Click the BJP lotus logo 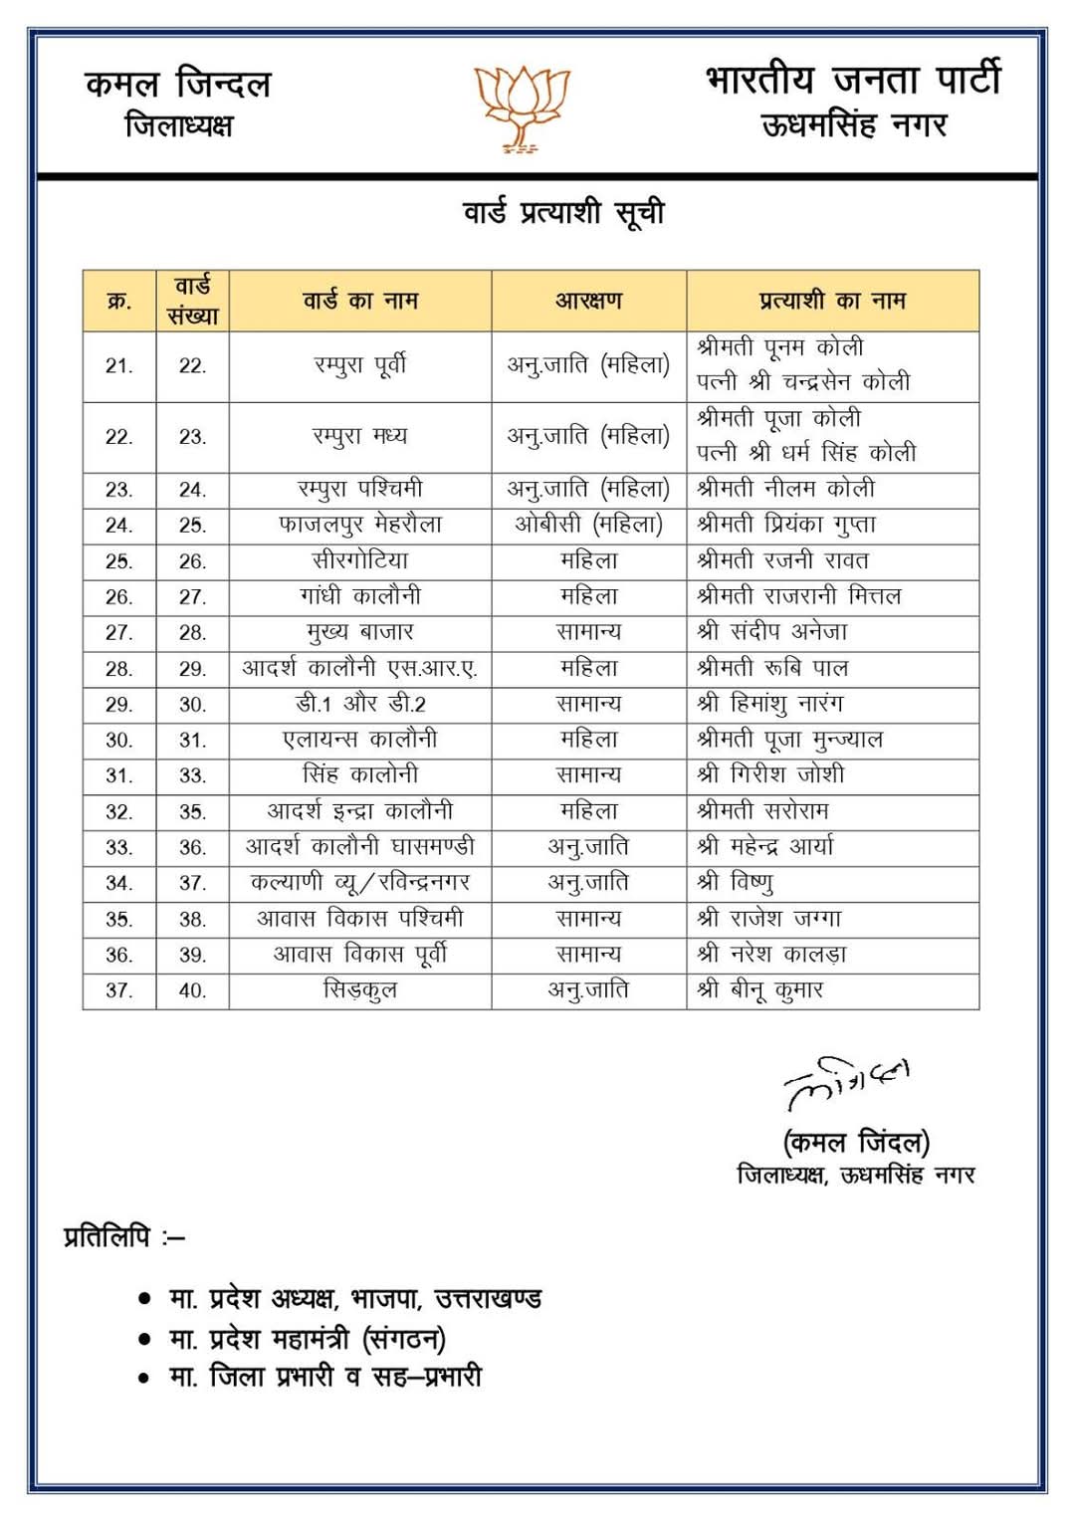tap(521, 109)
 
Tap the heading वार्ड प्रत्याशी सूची tap(563, 213)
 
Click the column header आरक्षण tap(588, 301)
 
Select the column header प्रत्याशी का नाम tap(832, 301)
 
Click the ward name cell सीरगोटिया tap(360, 560)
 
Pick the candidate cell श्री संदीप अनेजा tap(772, 632)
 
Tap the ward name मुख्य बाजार tap(360, 632)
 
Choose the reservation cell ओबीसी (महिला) tap(588, 525)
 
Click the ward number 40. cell tap(192, 990)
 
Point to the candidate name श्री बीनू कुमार tap(760, 990)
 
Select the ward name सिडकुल tap(360, 990)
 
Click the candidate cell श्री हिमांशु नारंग tap(770, 704)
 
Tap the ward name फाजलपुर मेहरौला tap(360, 525)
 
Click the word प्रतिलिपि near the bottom tap(107, 1237)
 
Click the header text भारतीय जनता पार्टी tap(853, 81)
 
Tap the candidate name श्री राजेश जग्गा tap(769, 919)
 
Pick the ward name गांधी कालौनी tap(360, 596)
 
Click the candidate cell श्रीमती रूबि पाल tap(772, 668)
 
